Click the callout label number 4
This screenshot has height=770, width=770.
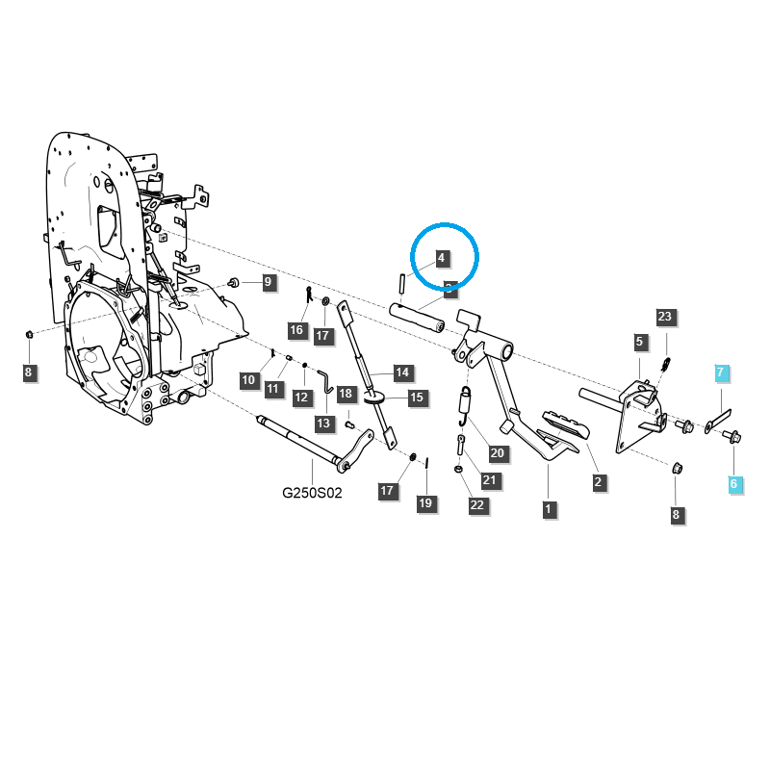[x=441, y=258]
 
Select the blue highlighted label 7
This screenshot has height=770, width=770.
[x=722, y=372]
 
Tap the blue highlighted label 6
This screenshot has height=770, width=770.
[x=733, y=484]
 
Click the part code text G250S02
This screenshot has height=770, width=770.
[x=312, y=492]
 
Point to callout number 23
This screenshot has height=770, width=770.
[x=665, y=317]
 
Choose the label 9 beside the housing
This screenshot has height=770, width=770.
[x=269, y=282]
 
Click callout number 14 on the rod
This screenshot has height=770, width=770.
[x=401, y=372]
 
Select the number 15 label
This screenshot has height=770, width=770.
[x=417, y=397]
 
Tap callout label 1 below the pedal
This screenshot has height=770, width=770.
[x=549, y=508]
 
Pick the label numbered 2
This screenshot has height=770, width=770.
[x=600, y=482]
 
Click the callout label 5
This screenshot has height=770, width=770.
[x=640, y=341]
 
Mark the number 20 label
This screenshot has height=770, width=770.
[x=498, y=452]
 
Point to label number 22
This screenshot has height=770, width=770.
[x=477, y=505]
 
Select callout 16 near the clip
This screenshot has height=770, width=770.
[x=296, y=330]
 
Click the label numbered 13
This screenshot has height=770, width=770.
[x=323, y=423]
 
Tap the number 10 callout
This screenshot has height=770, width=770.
[x=249, y=380]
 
